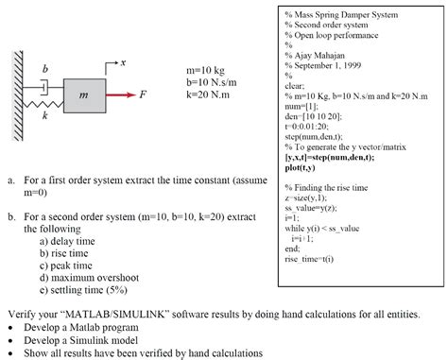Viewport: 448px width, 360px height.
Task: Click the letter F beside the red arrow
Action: (x=143, y=94)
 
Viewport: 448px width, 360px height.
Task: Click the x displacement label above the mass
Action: (x=122, y=60)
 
